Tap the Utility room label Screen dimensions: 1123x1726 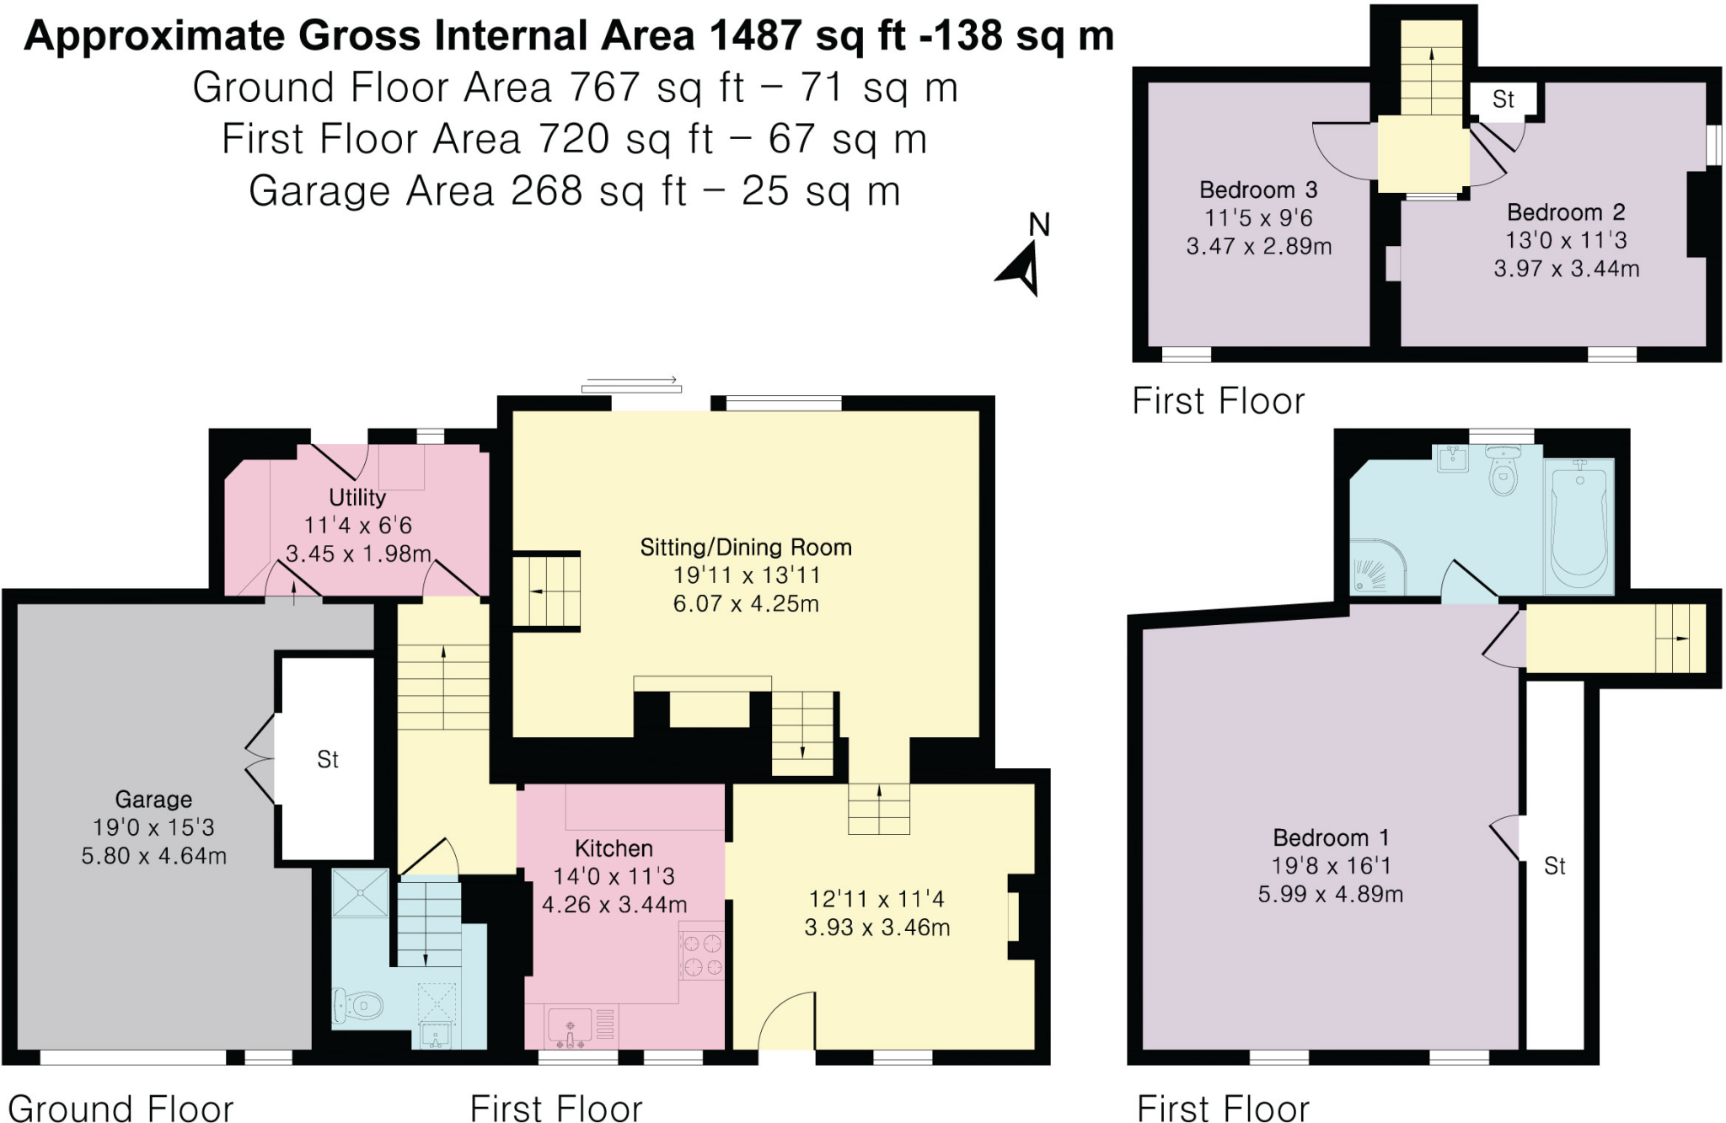pos(357,497)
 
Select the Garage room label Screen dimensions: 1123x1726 pos(153,799)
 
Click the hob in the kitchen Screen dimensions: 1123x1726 pos(702,955)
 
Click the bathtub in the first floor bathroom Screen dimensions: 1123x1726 pos(1579,527)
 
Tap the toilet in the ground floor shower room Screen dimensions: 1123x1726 pos(359,1004)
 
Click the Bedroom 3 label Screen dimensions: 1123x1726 pos(1258,190)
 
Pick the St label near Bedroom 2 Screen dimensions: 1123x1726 pos(1503,99)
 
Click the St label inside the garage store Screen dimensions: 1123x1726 pos(327,760)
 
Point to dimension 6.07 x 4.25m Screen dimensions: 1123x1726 pos(746,603)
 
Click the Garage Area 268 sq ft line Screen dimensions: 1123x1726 pos(575,191)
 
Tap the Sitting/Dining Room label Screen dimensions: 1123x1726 pos(746,548)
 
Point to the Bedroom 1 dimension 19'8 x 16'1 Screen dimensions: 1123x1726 pos(1331,865)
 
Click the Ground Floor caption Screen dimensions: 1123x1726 pos(121,1108)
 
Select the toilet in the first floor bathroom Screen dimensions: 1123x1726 pos(1504,472)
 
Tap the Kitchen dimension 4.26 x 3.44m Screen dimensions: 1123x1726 pos(614,905)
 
